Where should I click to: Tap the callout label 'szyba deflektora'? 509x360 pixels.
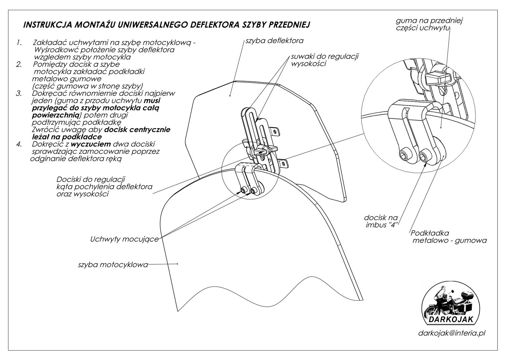(275, 41)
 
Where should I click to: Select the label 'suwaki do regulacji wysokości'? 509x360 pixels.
(325, 60)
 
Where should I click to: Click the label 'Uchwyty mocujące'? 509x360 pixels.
(124, 239)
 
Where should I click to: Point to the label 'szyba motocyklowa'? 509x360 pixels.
(113, 265)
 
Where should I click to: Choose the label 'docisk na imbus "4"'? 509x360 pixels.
(381, 221)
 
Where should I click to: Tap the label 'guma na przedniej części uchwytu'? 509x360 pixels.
(429, 24)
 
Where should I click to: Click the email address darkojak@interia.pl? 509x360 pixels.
(451, 333)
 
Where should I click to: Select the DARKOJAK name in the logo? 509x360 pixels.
(450, 319)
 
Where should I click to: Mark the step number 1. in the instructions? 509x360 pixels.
(19, 43)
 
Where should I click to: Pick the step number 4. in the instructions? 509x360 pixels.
(19, 144)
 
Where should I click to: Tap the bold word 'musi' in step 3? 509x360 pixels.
(152, 101)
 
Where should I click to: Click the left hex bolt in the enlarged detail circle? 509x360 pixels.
(404, 155)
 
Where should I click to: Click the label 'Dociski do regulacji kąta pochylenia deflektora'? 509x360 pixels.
(104, 187)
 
